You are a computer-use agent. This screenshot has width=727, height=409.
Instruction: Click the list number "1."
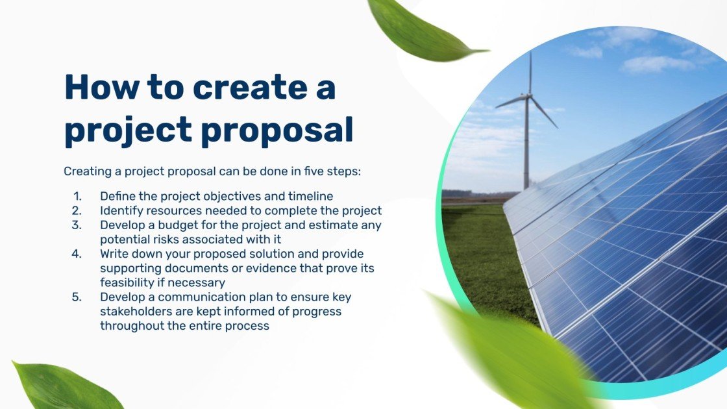point(78,196)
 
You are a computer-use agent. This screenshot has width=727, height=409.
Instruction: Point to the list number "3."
point(77,225)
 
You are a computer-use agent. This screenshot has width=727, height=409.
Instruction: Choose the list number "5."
point(77,297)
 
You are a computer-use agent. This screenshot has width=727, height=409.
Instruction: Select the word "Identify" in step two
point(121,210)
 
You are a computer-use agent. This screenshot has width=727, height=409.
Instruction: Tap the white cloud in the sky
point(656,64)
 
